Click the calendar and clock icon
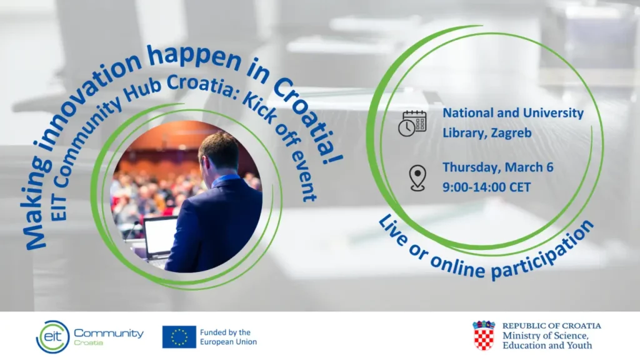tap(412, 123)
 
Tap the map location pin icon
tap(417, 178)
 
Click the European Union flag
tap(179, 337)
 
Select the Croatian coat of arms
tap(483, 336)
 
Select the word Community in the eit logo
tap(109, 333)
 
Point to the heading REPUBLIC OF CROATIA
tap(551, 326)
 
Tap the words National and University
tap(512, 113)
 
